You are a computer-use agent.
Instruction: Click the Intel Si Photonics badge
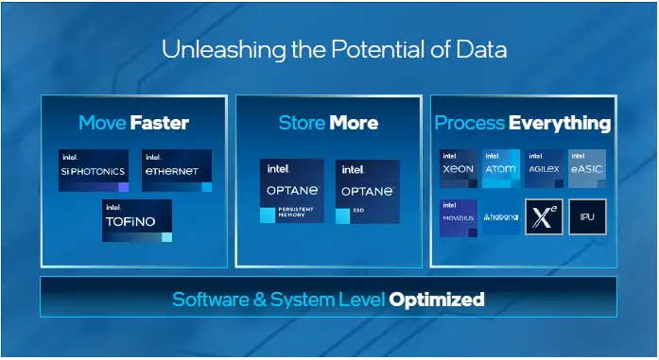[x=93, y=170]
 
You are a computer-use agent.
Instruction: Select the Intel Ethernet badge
[x=177, y=170]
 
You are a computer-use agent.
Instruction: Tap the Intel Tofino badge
[x=137, y=220]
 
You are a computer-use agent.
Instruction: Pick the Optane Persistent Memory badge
[x=291, y=191]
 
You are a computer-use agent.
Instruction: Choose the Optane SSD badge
[x=367, y=191]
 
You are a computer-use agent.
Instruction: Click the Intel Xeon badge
[x=458, y=168]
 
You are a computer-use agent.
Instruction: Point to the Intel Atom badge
[x=500, y=168]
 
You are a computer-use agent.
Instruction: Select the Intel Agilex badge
[x=545, y=168]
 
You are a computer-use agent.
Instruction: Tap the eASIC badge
[x=587, y=168]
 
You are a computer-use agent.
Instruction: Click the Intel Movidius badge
[x=458, y=217]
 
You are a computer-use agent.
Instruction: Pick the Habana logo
[x=500, y=217]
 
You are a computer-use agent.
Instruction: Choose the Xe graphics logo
[x=545, y=217]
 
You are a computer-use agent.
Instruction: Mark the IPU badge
[x=587, y=217]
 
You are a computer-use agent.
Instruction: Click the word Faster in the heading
[x=160, y=123]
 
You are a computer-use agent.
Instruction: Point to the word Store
[x=302, y=123]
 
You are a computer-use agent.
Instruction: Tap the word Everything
[x=560, y=124]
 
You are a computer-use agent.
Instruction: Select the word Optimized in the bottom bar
[x=437, y=300]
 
